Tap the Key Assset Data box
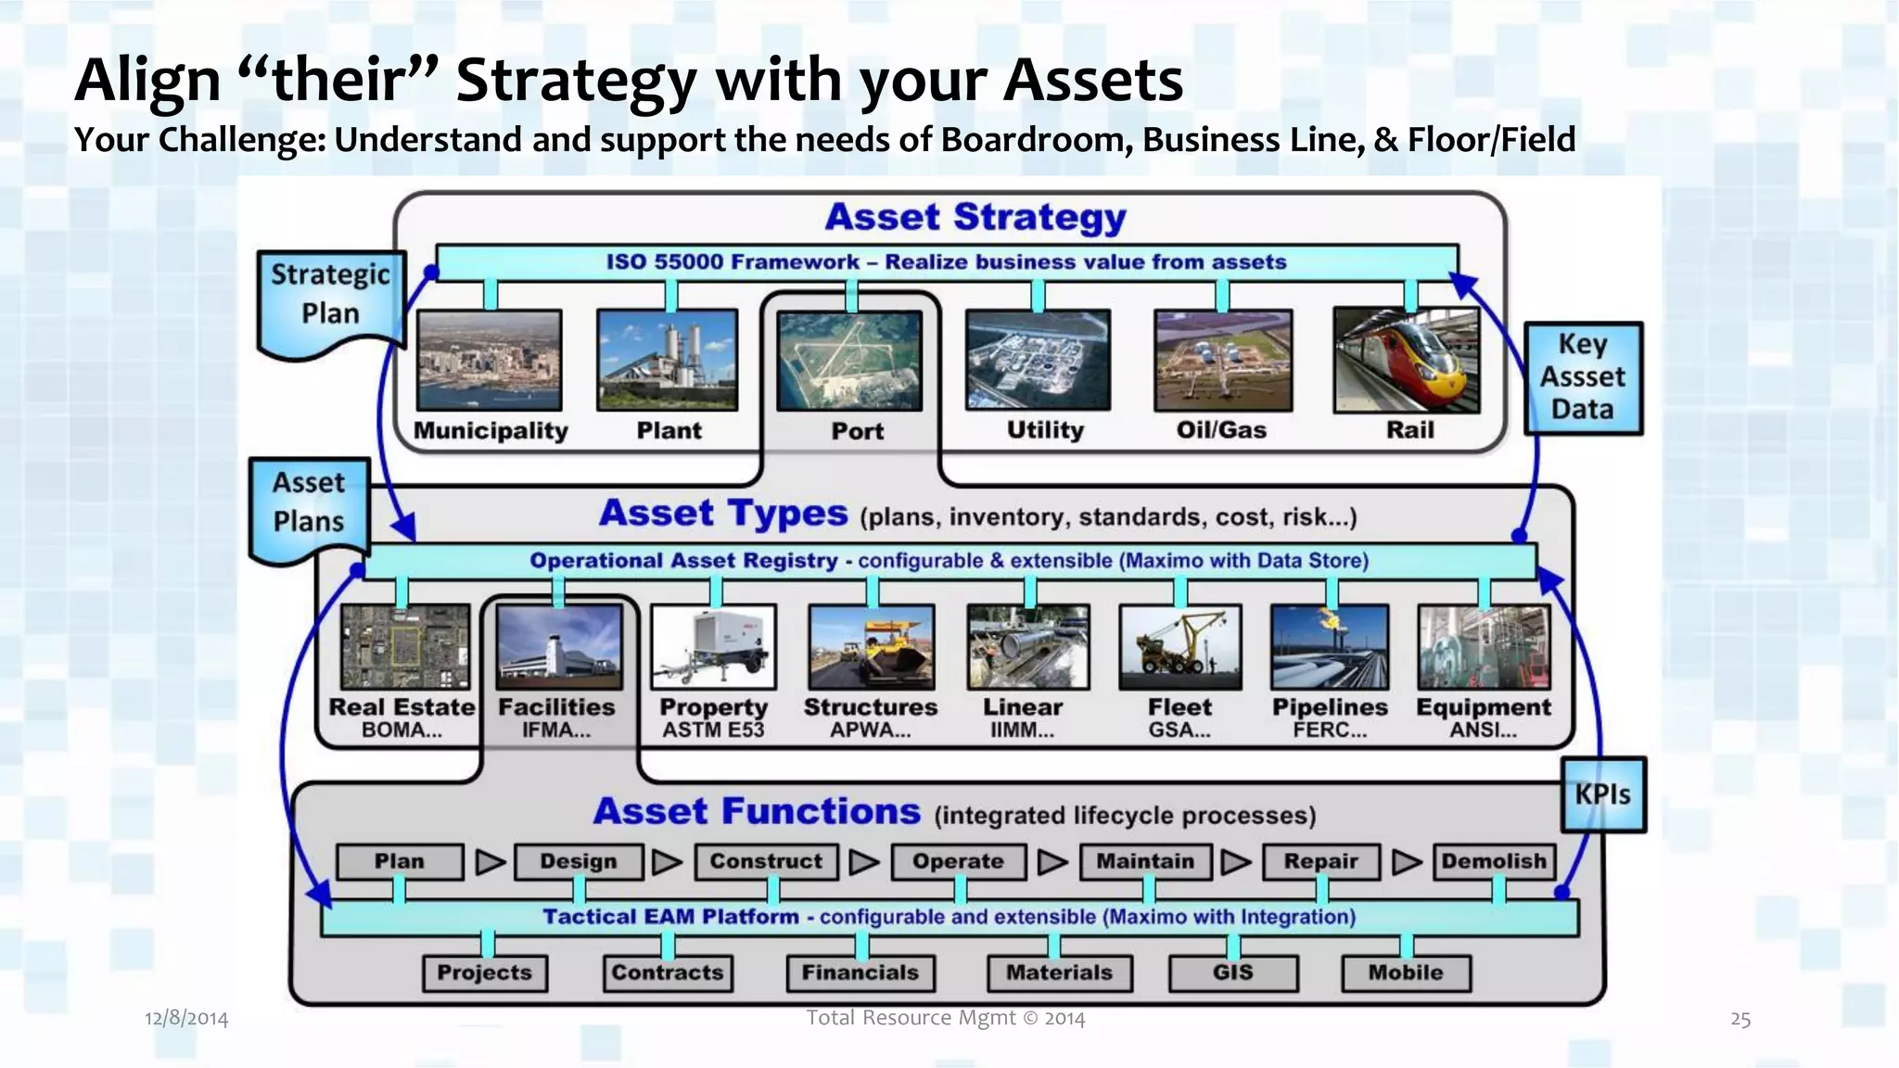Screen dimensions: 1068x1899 coord(1583,377)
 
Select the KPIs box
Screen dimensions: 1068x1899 coord(1603,795)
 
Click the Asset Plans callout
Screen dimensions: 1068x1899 coord(309,504)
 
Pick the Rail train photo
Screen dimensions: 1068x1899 coord(1406,360)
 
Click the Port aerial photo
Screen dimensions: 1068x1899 coord(849,361)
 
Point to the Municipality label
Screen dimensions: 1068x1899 coord(491,431)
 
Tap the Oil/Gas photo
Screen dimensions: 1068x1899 coord(1222,361)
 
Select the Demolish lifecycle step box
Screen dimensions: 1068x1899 coord(1494,861)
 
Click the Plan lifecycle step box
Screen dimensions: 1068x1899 coord(400,861)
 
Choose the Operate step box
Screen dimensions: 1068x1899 coord(958,861)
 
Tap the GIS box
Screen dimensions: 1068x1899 coord(1232,973)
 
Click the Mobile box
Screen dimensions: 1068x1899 coord(1406,973)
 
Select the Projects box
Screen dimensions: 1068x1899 coord(484,973)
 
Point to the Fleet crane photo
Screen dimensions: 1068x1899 coord(1179,647)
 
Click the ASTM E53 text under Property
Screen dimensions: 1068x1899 coord(713,731)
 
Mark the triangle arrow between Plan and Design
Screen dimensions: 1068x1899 coord(489,862)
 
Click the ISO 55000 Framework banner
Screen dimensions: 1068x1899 coord(946,262)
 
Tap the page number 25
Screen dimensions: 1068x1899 coord(1740,1020)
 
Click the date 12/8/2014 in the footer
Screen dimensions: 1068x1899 coord(186,1019)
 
